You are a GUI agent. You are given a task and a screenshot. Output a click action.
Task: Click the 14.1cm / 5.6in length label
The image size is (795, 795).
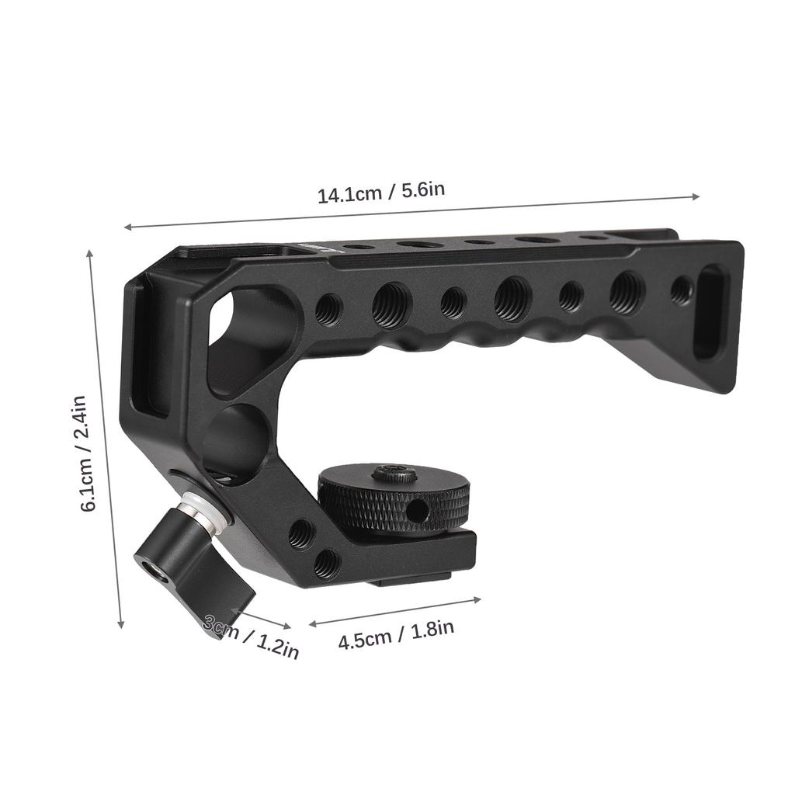pos(380,190)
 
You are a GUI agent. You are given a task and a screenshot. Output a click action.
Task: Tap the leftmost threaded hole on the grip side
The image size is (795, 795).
pos(328,309)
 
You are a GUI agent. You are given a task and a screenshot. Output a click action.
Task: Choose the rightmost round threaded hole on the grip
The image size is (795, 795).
pos(681,290)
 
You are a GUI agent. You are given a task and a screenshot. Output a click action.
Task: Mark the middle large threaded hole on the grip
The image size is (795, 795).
pos(512,298)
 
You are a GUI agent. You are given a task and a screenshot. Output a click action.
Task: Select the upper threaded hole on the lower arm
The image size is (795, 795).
pos(301,533)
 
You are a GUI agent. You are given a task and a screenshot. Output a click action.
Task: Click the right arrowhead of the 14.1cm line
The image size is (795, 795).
pos(696,196)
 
